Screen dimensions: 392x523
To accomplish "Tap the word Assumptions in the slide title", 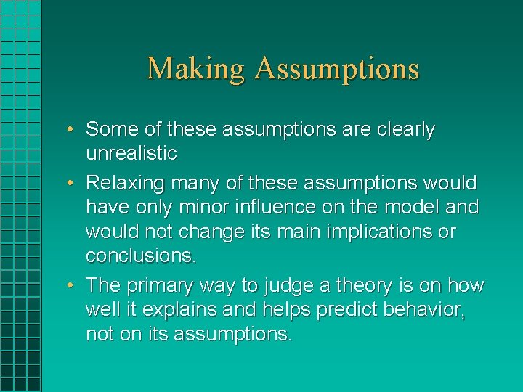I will pos(337,70).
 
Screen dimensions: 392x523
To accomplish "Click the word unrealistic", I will pos(131,153).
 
